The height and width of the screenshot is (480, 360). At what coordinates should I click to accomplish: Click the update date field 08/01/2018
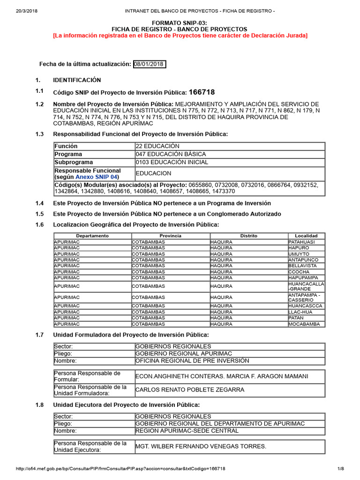[149, 64]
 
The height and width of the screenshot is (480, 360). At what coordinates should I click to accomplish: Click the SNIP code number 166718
[202, 92]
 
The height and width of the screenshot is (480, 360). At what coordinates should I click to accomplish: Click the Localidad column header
[306, 236]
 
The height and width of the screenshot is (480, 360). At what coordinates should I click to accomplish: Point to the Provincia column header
[170, 236]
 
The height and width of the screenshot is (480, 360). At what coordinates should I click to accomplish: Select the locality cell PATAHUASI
[301, 242]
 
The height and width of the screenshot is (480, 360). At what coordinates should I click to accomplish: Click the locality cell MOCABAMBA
[304, 324]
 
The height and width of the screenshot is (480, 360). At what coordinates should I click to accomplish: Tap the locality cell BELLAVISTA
[302, 266]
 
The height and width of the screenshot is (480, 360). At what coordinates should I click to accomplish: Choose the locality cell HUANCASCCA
[305, 306]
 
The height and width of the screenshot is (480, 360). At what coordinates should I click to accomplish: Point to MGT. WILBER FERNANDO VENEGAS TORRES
[201, 446]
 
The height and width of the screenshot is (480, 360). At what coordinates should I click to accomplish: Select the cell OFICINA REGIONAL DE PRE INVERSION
[192, 361]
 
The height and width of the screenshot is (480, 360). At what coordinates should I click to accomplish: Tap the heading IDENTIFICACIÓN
[76, 80]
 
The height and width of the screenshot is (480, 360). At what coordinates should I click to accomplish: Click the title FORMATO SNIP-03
[180, 22]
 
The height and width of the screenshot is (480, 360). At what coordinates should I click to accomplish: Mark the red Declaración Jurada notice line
[180, 36]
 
